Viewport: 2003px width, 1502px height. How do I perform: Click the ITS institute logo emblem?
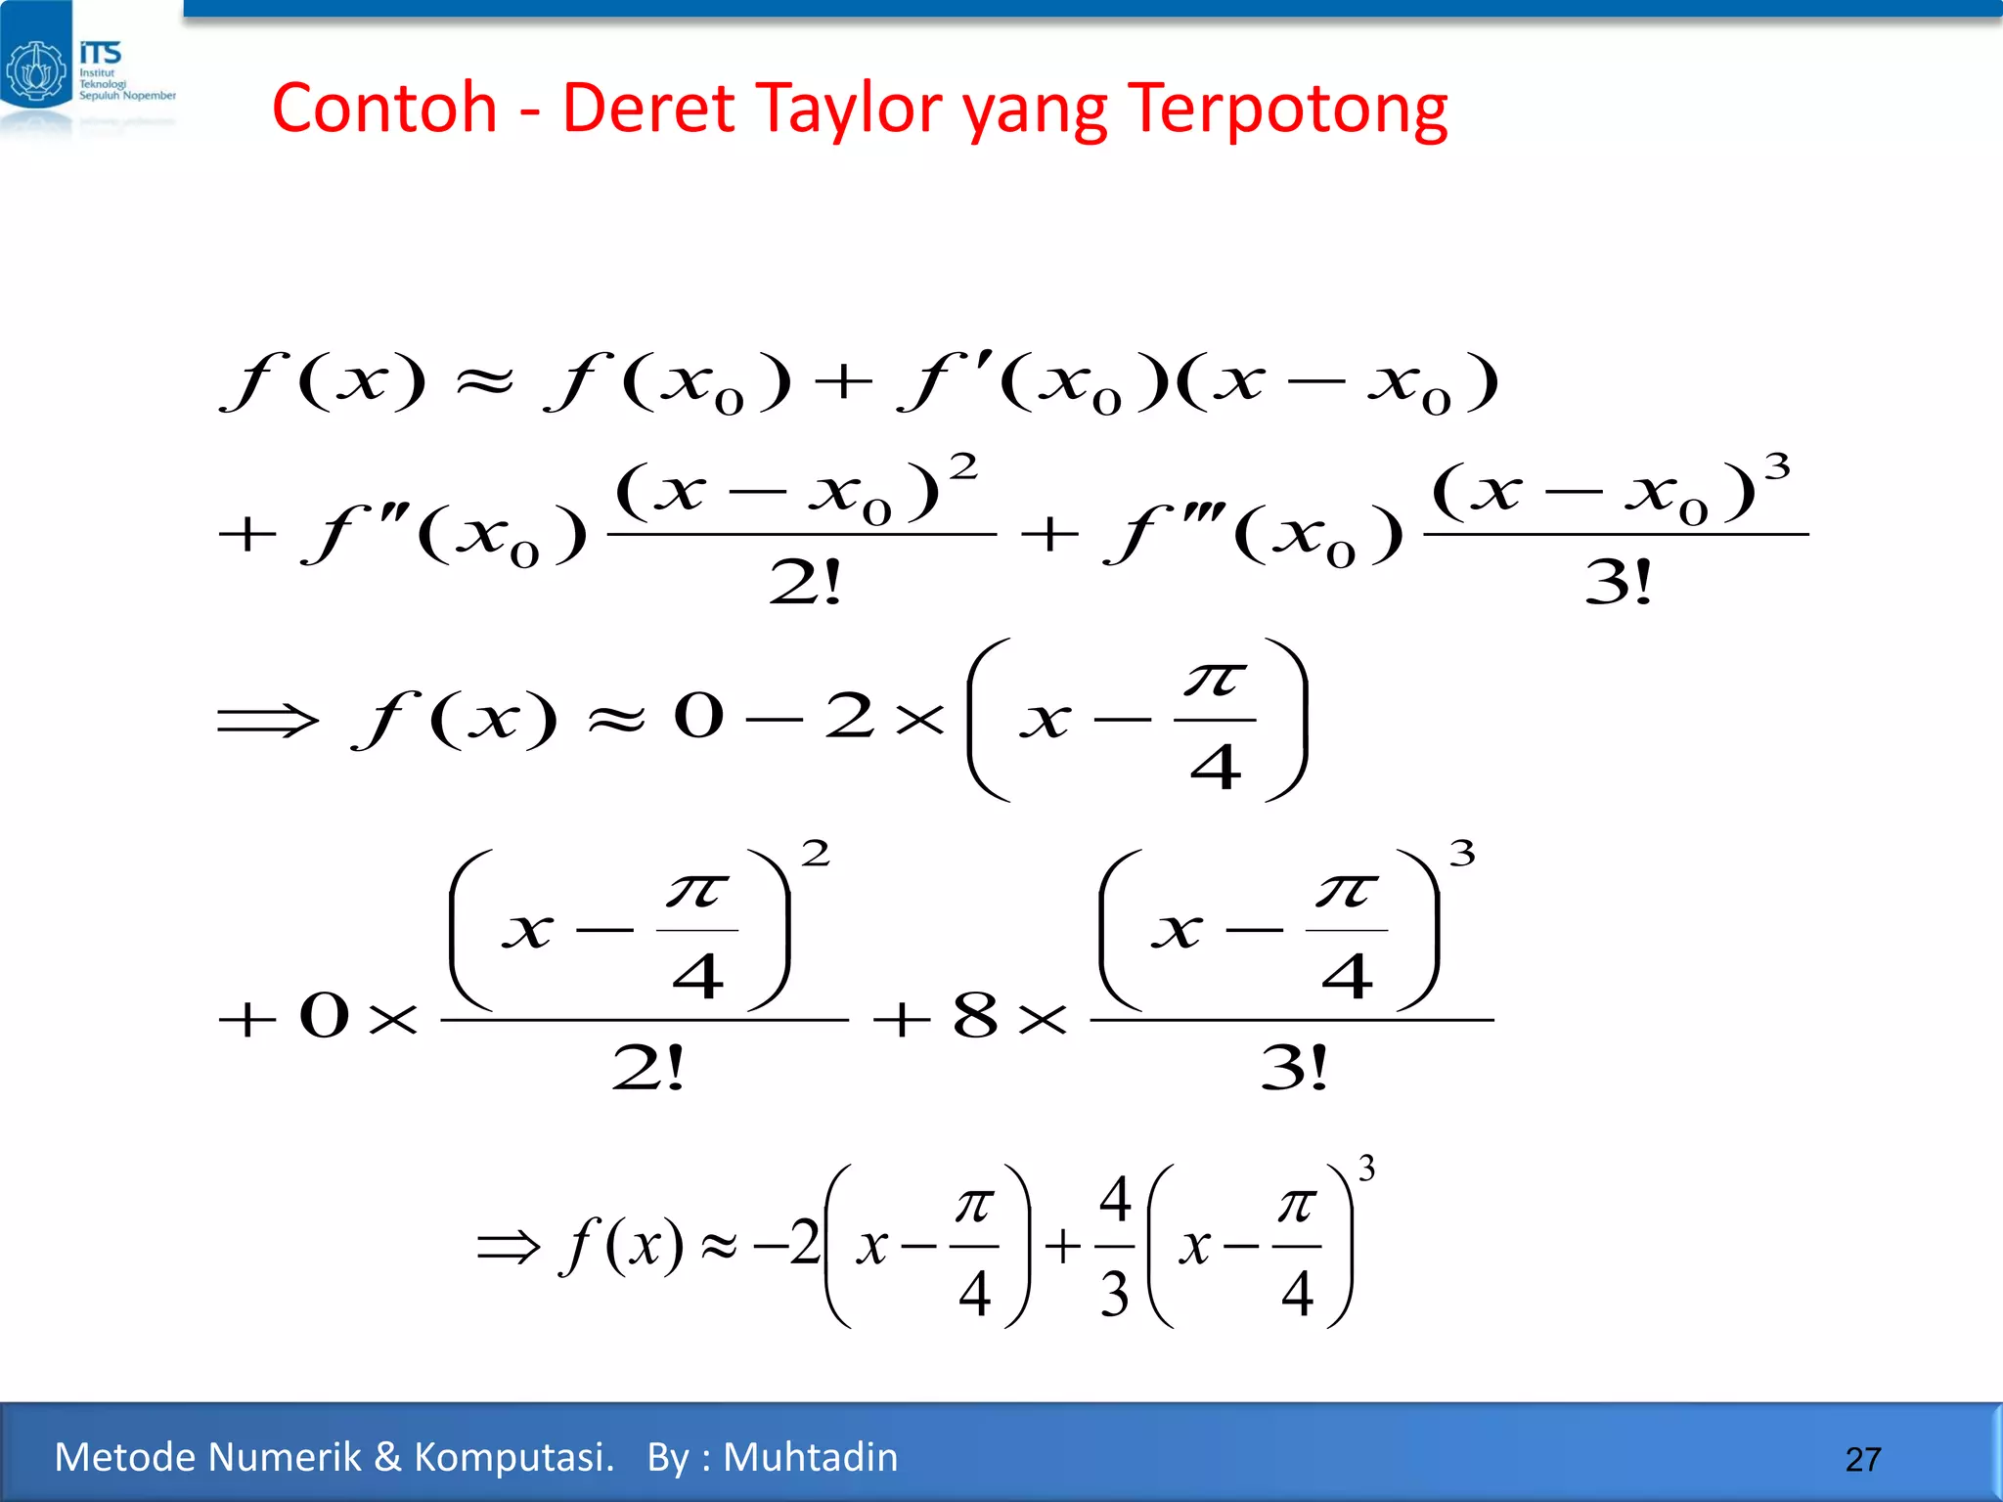click(x=36, y=68)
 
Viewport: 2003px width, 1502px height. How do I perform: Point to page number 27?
click(x=1862, y=1459)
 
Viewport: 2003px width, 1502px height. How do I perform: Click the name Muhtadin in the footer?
click(x=810, y=1457)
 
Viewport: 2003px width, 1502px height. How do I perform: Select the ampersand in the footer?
click(x=387, y=1457)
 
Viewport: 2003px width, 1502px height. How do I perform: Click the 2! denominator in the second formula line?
click(x=804, y=583)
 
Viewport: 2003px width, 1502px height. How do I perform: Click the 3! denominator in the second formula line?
click(x=1619, y=583)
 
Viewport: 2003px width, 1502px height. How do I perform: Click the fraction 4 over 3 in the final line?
click(x=1115, y=1246)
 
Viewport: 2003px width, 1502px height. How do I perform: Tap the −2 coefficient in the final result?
click(x=788, y=1244)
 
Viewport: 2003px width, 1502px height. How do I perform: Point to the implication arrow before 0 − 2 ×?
click(x=268, y=722)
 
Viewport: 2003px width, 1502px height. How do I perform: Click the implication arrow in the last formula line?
click(x=508, y=1247)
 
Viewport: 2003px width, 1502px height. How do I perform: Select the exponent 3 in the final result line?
click(x=1366, y=1168)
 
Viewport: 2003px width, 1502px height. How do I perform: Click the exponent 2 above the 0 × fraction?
click(x=815, y=854)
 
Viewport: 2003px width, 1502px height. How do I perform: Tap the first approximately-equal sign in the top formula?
click(x=485, y=381)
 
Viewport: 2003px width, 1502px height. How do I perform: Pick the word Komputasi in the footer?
click(x=513, y=1457)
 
